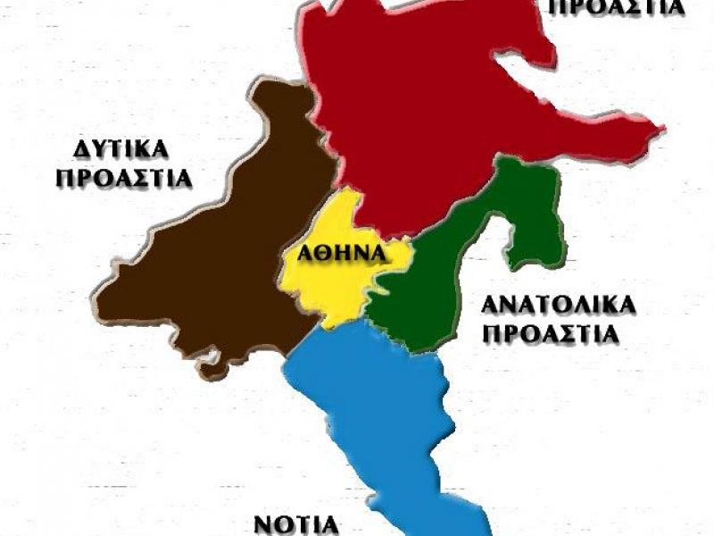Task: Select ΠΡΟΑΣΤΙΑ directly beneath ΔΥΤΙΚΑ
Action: coord(124,178)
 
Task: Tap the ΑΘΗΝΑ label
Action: coord(335,253)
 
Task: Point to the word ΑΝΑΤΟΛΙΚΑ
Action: coord(559,305)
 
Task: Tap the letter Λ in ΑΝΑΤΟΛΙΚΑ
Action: coord(588,305)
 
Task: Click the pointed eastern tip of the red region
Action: coord(662,132)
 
